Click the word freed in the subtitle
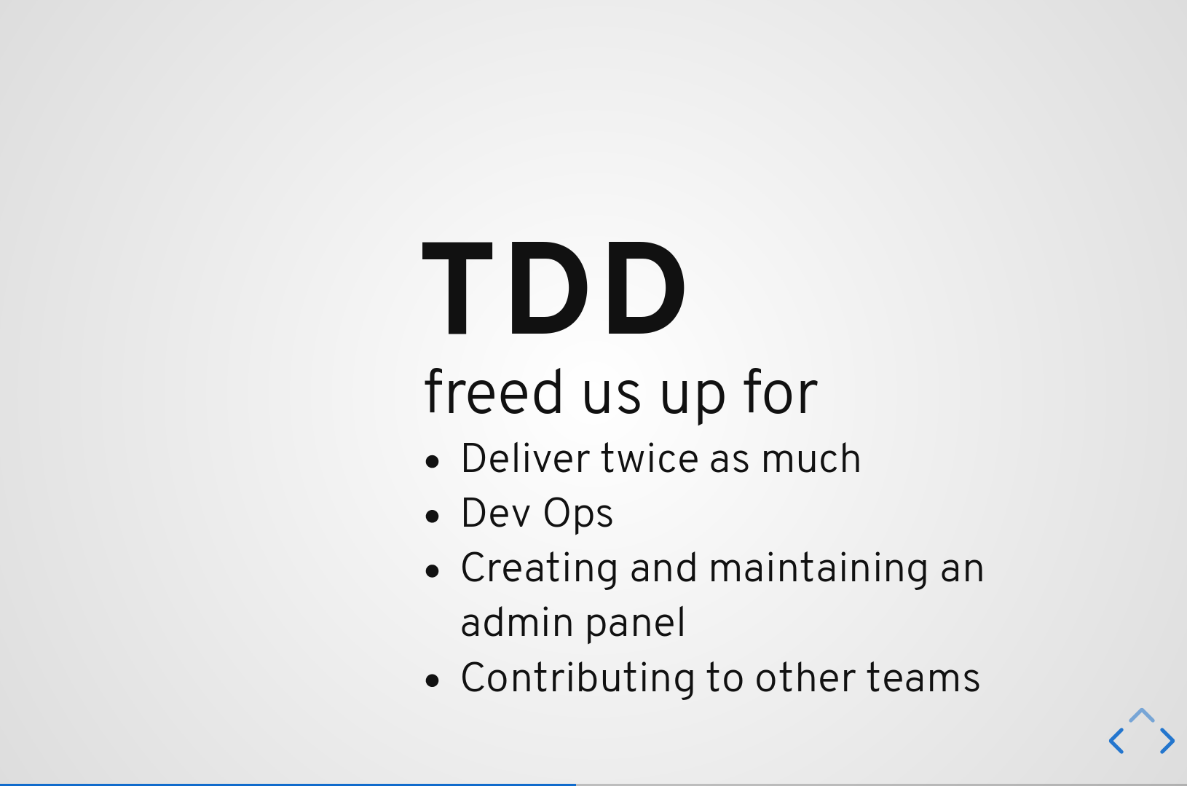[x=493, y=392]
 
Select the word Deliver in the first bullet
[x=525, y=458]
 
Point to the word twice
[x=650, y=458]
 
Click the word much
[x=811, y=458]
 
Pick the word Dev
[x=496, y=513]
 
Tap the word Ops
[x=578, y=514]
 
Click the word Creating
[x=539, y=569]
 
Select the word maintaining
[x=819, y=569]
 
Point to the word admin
[x=516, y=623]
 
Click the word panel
[x=635, y=624]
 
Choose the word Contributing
[x=577, y=678]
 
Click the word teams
[x=923, y=678]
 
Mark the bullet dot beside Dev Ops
[x=433, y=516]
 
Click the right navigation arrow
[x=1167, y=740]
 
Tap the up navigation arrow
[x=1141, y=715]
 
